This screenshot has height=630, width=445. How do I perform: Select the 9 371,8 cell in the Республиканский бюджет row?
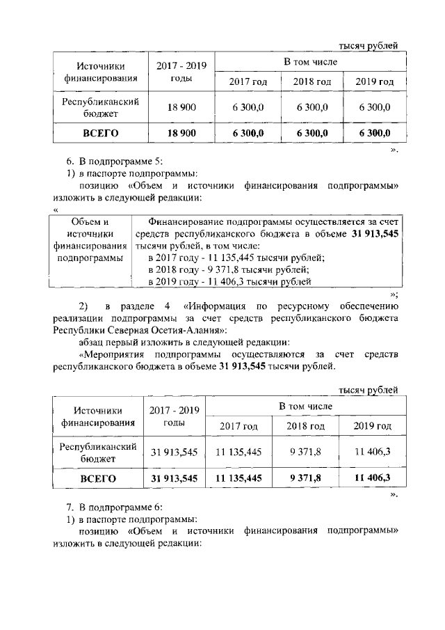pos(305,452)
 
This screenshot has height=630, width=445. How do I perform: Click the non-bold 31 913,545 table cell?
pos(175,452)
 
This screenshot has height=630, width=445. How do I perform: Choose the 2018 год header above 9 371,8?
pos(305,425)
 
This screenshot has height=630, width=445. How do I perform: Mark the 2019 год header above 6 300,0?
pos(374,81)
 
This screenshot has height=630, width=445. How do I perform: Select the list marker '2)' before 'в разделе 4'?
pos(83,306)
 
